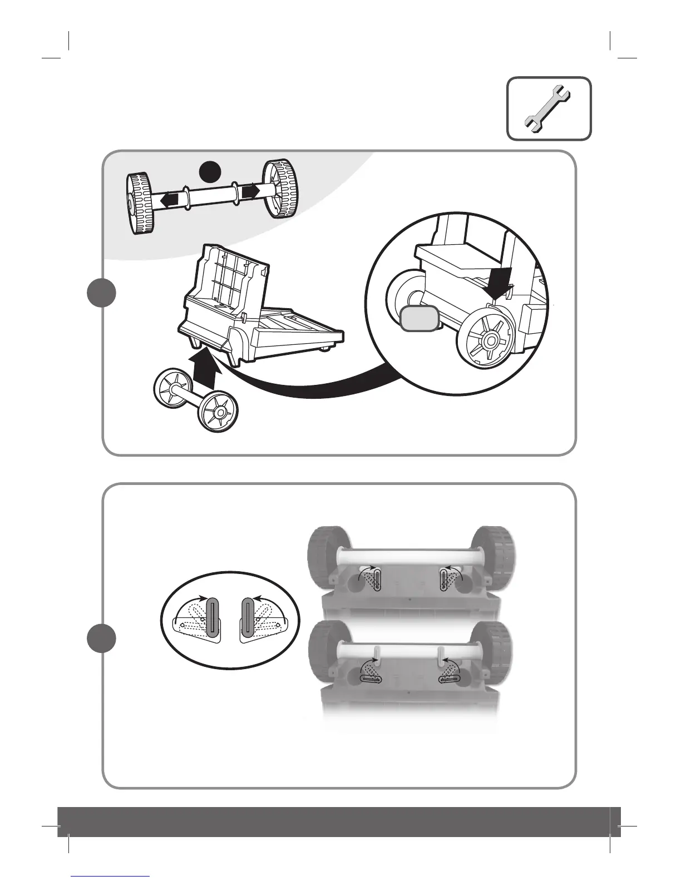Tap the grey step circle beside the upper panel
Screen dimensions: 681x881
pyautogui.click(x=102, y=293)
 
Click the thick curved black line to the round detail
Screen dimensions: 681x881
pyautogui.click(x=312, y=389)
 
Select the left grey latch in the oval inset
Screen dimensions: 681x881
pyautogui.click(x=213, y=617)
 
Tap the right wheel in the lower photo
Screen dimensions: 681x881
pyautogui.click(x=492, y=649)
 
